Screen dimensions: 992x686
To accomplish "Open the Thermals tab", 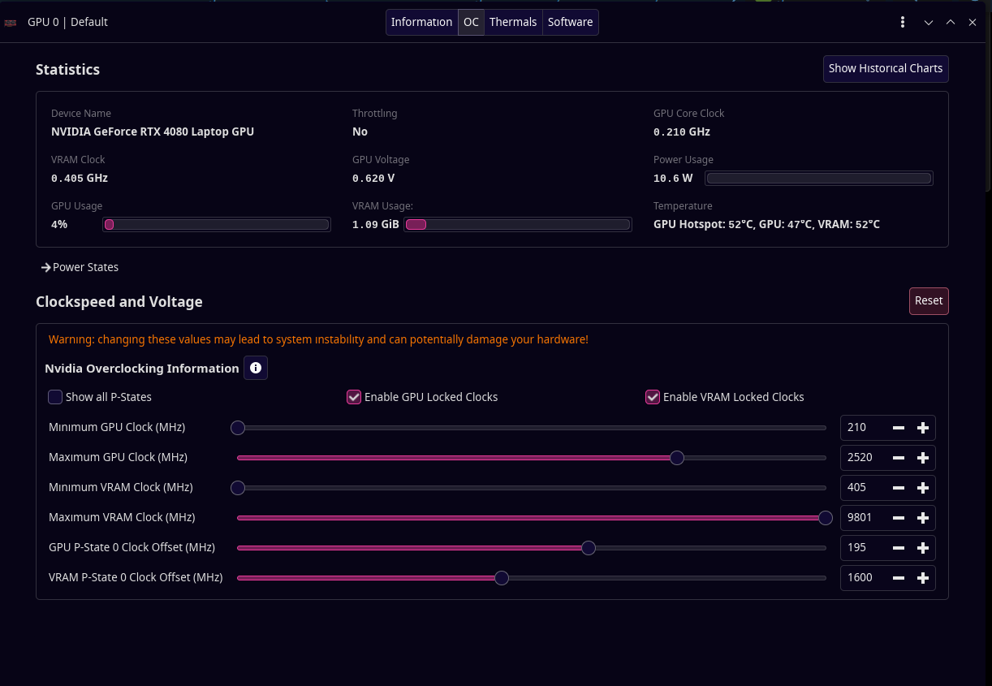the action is coord(513,22).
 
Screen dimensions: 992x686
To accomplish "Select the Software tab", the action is coord(570,22).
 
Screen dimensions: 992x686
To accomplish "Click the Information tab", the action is coord(421,22).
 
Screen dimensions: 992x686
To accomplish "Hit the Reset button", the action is coord(929,300).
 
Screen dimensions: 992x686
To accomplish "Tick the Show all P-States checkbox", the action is coord(55,397).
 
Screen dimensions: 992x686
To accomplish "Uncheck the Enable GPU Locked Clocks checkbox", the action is coord(353,397).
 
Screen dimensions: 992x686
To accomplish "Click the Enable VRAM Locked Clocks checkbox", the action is coord(653,397).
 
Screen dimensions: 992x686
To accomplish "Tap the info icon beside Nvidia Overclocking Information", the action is coord(256,368).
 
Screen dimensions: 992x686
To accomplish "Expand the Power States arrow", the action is coord(45,267).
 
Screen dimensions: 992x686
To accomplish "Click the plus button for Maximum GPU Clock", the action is coord(923,458).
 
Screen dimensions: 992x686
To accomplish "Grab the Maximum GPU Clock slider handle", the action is coord(677,458).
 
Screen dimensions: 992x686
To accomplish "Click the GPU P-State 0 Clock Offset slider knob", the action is coord(588,548).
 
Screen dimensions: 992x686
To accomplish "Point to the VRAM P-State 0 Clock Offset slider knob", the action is coord(502,578).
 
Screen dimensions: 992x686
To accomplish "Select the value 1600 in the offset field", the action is coord(860,577).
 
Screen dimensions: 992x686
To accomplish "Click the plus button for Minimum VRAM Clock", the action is coord(923,488).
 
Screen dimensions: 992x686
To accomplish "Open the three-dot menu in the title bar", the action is coord(903,22).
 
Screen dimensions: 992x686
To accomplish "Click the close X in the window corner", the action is coord(972,22).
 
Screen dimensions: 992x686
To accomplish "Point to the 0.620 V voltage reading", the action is coord(373,178).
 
